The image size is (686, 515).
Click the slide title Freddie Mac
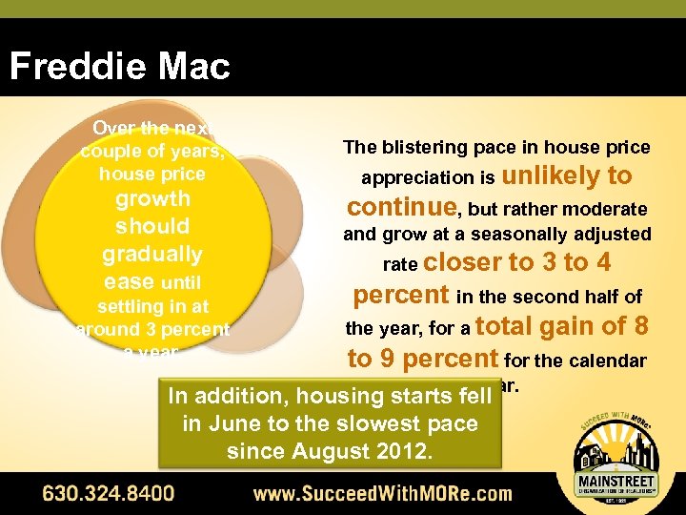coord(119,68)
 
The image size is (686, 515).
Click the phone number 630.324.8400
coord(109,494)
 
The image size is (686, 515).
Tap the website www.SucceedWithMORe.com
coord(382,494)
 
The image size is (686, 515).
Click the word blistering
coord(424,147)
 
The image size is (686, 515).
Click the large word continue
coord(404,207)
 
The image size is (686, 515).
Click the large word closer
coord(463,262)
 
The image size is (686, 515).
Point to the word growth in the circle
coord(152,199)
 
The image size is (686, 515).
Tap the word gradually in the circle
coord(152,254)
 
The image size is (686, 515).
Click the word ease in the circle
coord(130,281)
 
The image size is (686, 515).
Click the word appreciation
coord(416,177)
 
